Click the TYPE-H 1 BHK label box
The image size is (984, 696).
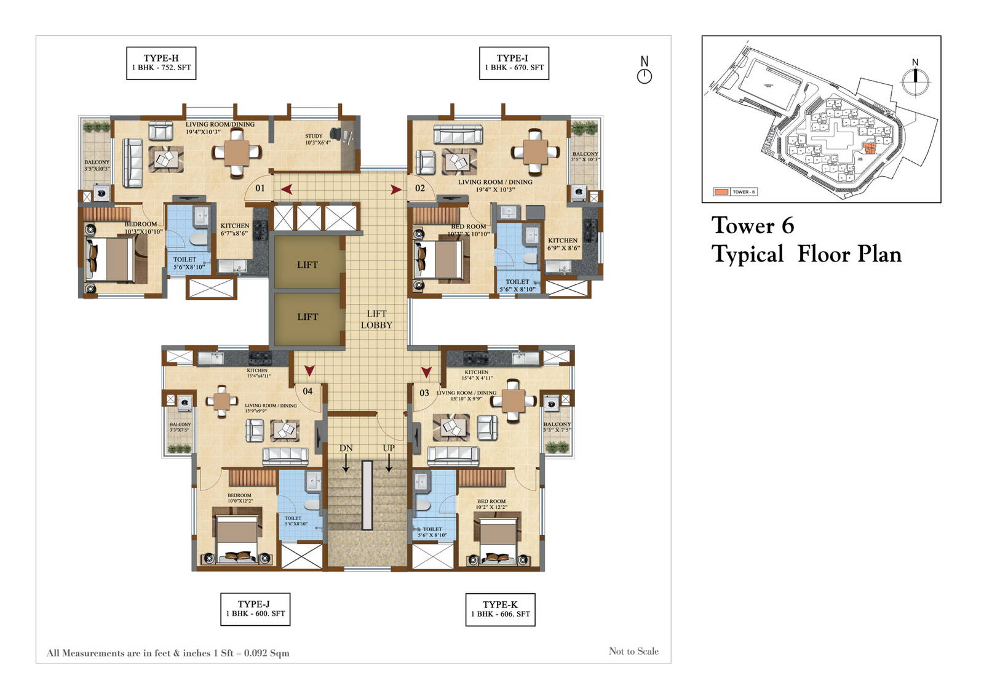point(161,63)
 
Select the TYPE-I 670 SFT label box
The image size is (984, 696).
point(514,63)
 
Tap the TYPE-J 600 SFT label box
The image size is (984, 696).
point(255,609)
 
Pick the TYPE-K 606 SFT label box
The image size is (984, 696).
point(500,609)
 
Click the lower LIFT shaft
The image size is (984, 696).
point(307,316)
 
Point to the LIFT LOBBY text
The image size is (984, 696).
point(376,319)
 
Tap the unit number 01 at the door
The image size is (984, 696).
point(260,188)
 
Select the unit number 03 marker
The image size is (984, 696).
point(424,392)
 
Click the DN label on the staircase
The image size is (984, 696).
point(346,448)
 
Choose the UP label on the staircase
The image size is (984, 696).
point(389,448)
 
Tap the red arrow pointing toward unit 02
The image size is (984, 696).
point(395,190)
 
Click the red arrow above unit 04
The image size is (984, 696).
point(309,370)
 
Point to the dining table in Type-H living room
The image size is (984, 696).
point(237,152)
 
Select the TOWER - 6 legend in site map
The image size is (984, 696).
point(735,192)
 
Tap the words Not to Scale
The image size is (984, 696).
point(633,651)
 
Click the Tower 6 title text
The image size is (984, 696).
point(752,225)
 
